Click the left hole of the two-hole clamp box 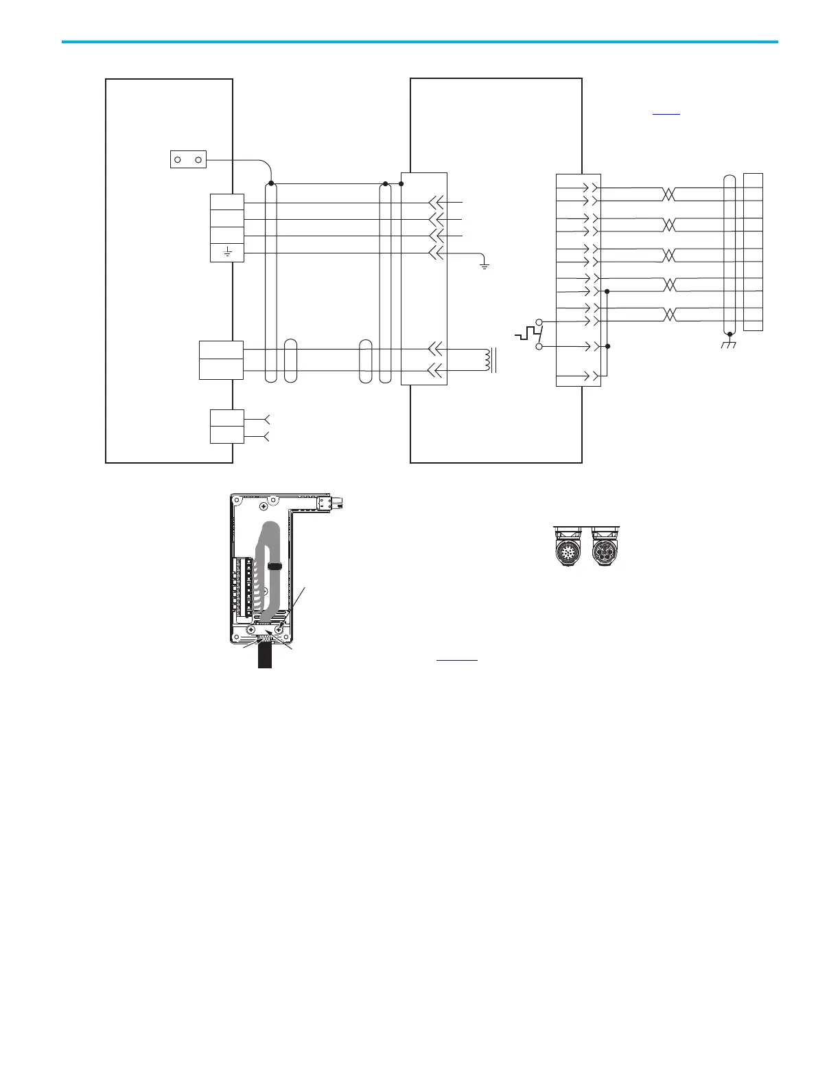coord(178,160)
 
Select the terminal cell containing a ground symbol coord(226,253)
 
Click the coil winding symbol coord(489,361)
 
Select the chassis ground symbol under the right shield coord(729,343)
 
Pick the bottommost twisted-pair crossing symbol coord(669,315)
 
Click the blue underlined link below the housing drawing coord(456,658)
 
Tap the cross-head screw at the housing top coord(264,508)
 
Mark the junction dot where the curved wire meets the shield coord(272,184)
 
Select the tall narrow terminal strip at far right coord(753,252)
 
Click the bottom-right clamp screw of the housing coord(278,629)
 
